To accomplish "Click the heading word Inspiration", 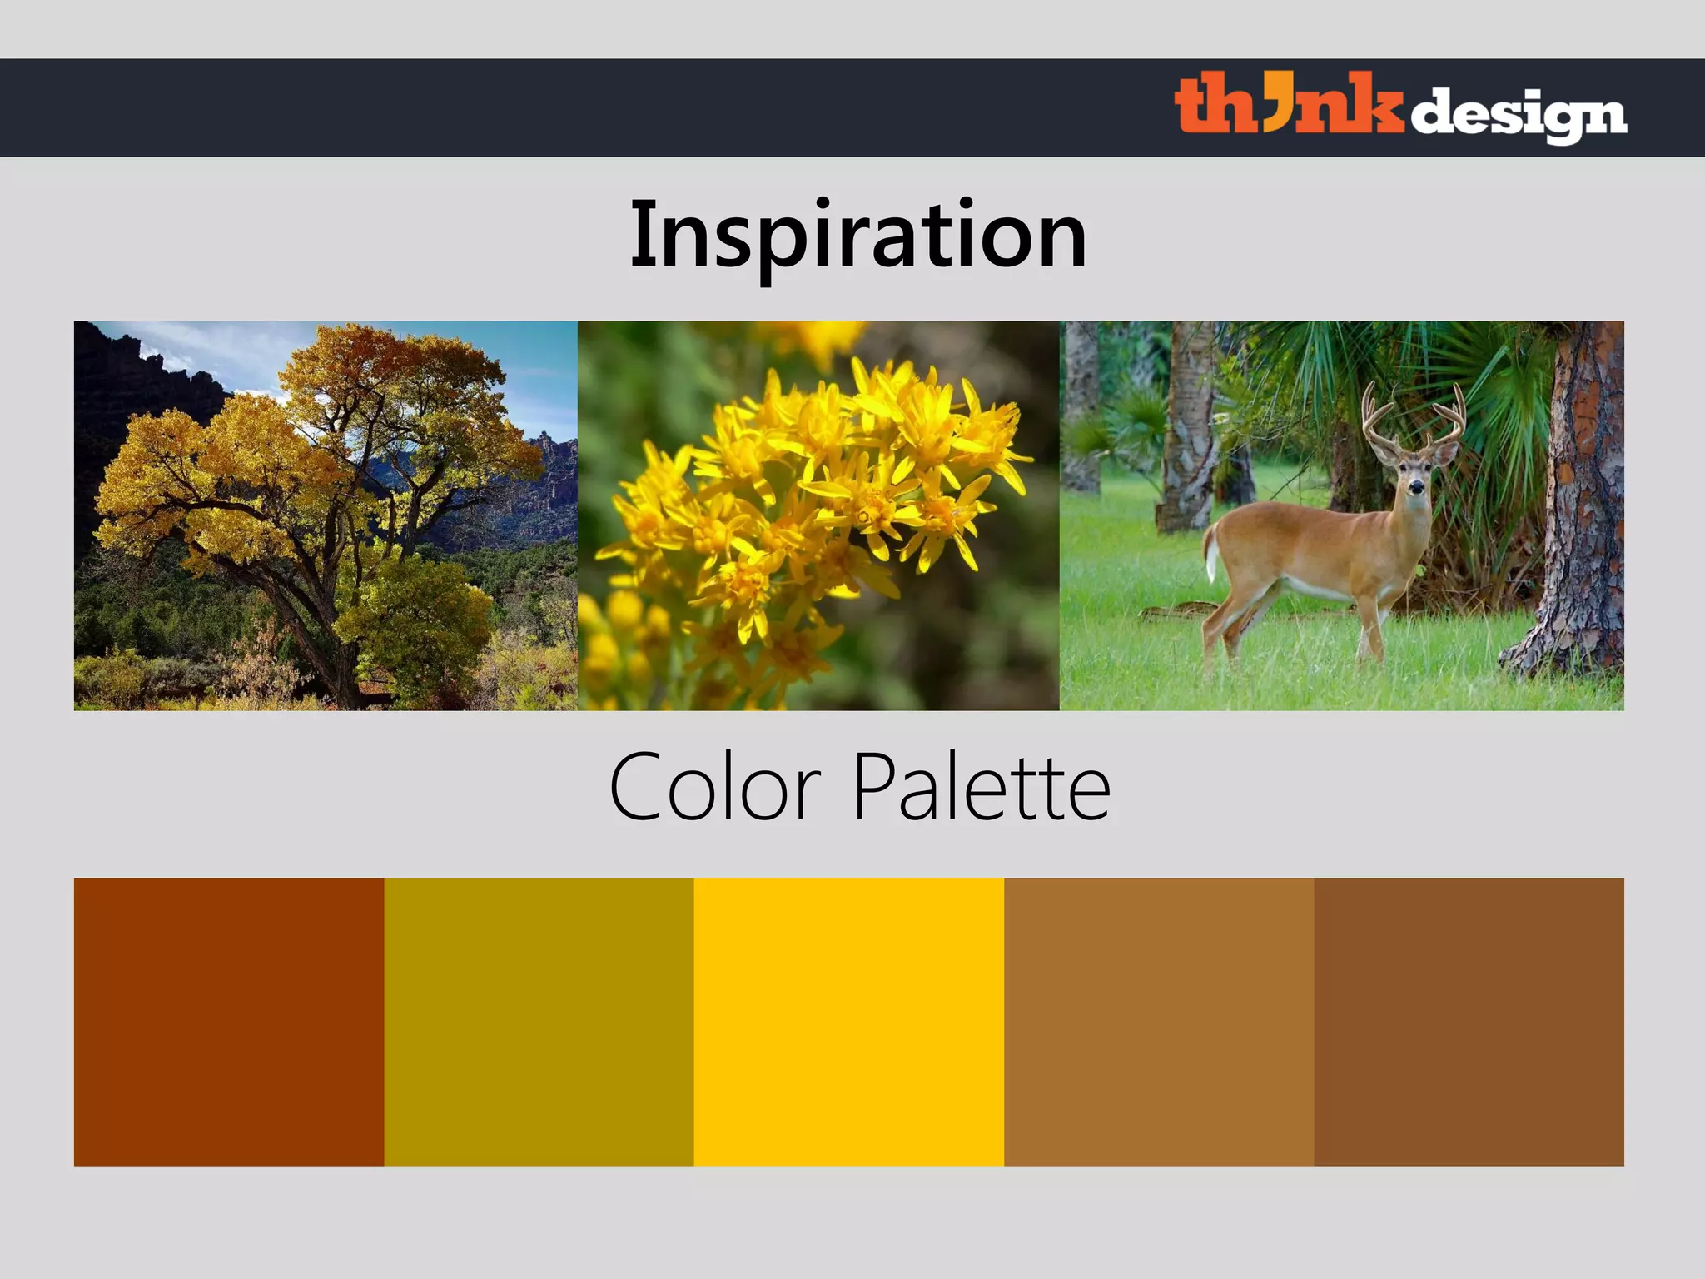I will coord(857,235).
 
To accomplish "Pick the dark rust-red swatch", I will coord(228,1022).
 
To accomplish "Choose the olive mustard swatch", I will coord(539,1022).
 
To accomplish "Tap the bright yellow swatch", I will coord(848,1022).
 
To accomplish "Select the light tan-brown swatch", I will coord(1159,1022).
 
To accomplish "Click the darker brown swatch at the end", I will coord(1469,1022).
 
